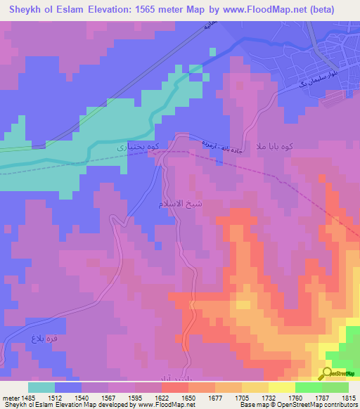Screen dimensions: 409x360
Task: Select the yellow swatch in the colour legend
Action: pos(281,387)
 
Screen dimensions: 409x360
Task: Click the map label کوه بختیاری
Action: pos(131,148)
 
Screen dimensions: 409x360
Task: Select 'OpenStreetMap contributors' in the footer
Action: pos(317,405)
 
